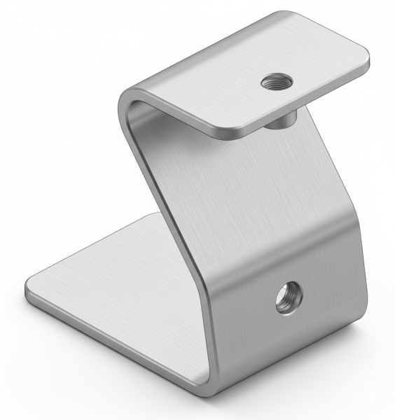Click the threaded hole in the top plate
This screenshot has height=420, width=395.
272,83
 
